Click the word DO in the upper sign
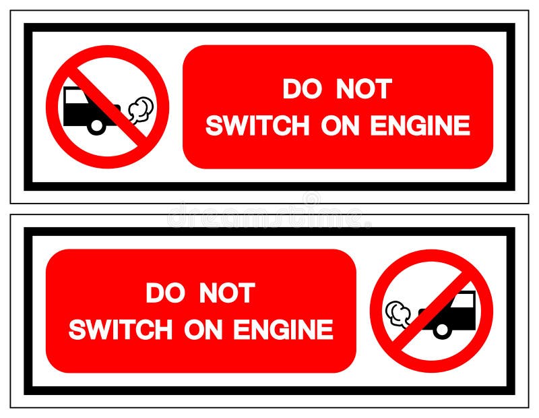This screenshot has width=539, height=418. coord(300,90)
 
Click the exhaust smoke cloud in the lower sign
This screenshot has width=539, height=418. coord(398,313)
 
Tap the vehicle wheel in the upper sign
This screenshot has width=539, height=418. coord(97,125)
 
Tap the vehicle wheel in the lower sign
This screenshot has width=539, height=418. coord(442,330)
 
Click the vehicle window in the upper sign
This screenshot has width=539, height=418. coord(77,96)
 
